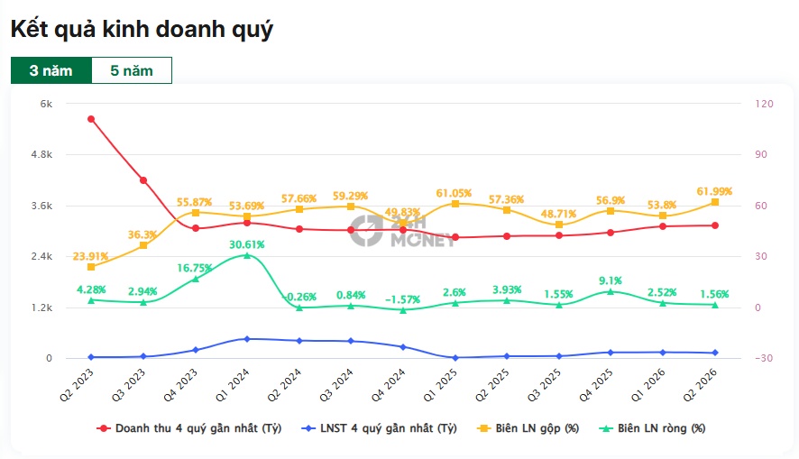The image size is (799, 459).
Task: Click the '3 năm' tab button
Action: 51,70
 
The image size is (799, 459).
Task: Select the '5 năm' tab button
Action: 132,70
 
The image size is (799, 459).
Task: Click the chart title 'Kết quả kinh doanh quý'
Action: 142,29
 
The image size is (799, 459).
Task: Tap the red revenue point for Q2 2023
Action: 91,119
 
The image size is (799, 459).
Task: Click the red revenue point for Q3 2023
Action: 143,180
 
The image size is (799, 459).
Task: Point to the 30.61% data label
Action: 246,244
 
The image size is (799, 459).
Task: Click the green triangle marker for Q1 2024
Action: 247,255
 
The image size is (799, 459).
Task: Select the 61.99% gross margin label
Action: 714,191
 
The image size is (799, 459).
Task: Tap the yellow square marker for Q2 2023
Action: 91,267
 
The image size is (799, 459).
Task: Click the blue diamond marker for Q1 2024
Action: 247,339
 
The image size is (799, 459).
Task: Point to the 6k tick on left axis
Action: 46,104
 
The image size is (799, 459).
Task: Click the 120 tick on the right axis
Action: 764,104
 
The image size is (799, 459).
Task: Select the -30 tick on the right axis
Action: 764,358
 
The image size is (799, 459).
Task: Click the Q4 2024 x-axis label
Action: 390,385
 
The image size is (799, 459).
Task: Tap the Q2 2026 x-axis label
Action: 702,385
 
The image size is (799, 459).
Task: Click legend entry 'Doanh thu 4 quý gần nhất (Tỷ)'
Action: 189,428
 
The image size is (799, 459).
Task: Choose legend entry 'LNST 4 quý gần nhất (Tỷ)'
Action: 379,428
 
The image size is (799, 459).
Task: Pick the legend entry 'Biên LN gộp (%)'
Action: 528,428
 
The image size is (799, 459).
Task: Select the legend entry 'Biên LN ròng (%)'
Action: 652,428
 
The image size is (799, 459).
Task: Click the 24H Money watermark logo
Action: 402,231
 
